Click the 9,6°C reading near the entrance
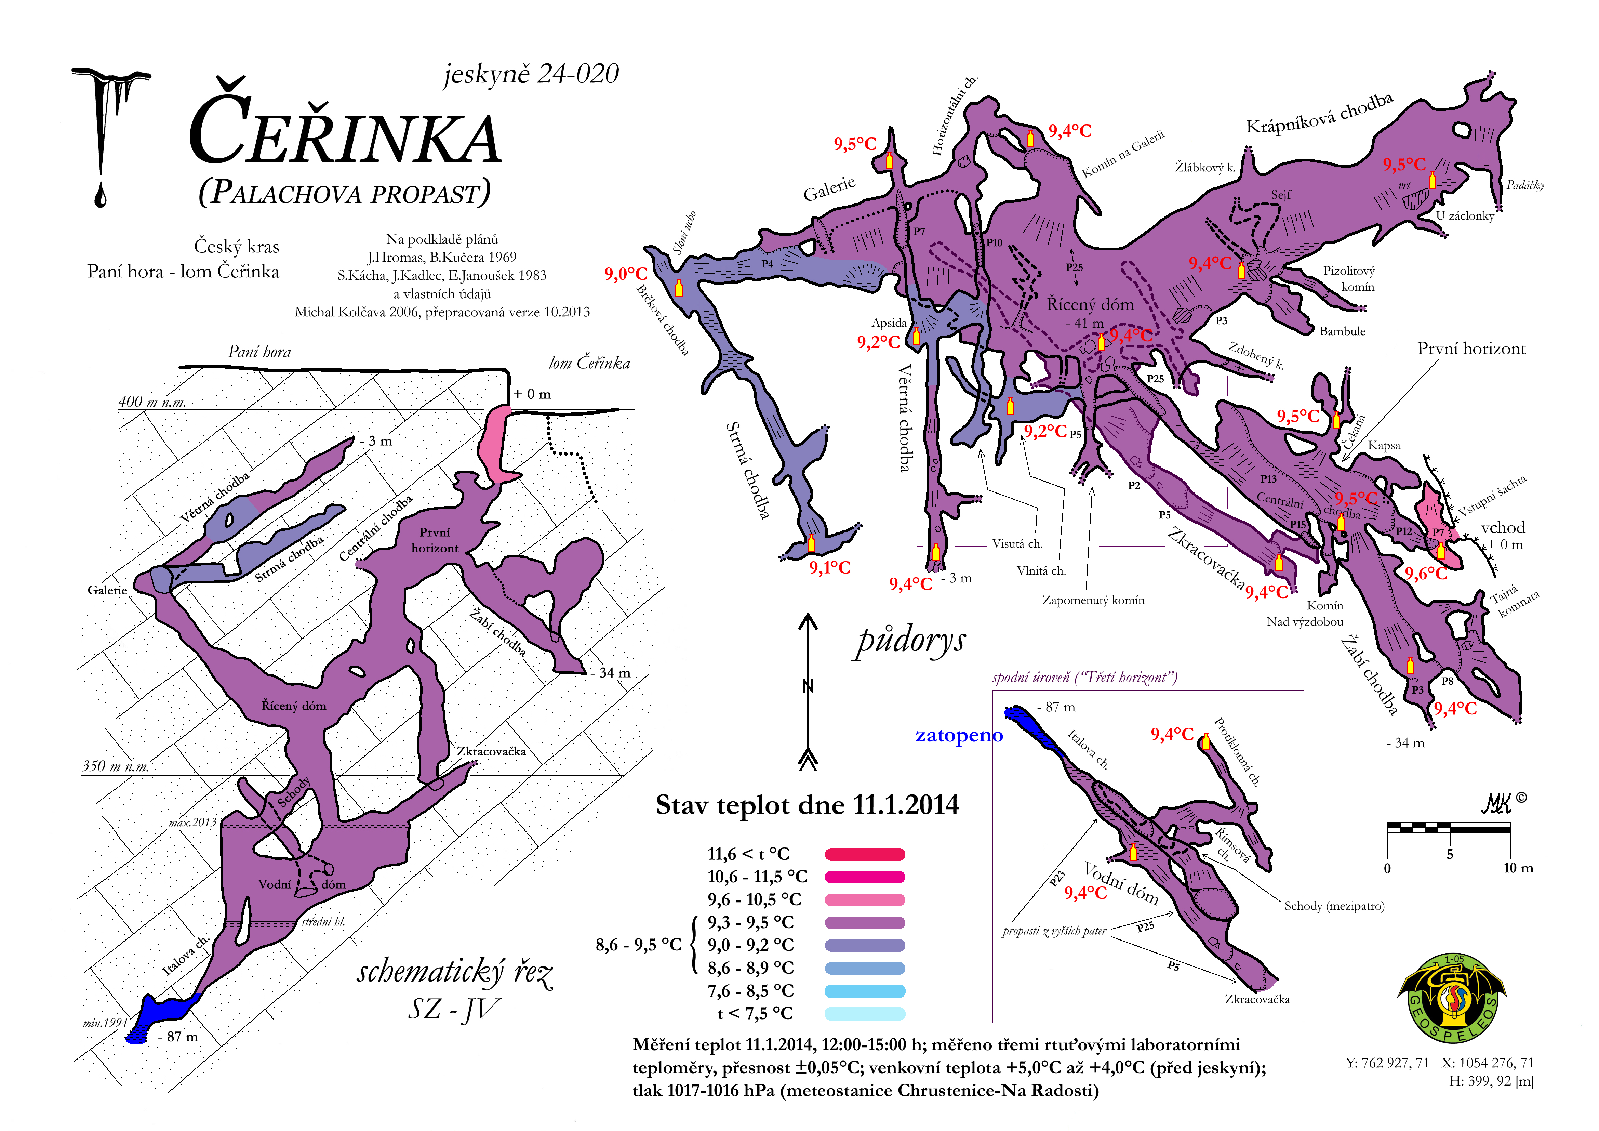pyautogui.click(x=1426, y=574)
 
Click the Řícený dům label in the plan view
pyautogui.click(x=1091, y=304)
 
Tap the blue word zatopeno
pyautogui.click(x=959, y=736)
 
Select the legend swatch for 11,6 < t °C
pyautogui.click(x=865, y=854)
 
